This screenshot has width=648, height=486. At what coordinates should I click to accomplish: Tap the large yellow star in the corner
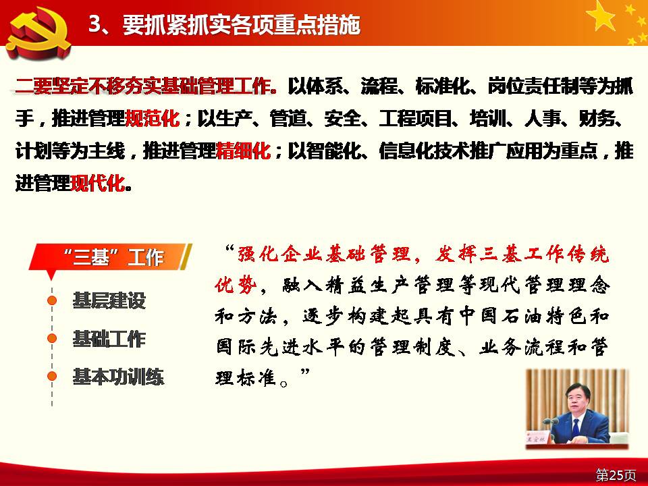click(x=601, y=16)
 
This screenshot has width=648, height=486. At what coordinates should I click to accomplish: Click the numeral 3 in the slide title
click(x=95, y=24)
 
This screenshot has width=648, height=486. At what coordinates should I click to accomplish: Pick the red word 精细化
click(x=244, y=151)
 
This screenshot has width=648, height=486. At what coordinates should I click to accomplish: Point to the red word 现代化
click(x=97, y=183)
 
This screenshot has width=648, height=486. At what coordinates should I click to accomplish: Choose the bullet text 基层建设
click(x=109, y=300)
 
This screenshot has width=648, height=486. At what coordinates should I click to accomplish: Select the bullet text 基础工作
click(x=109, y=339)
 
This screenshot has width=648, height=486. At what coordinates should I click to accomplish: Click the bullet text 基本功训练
click(x=118, y=377)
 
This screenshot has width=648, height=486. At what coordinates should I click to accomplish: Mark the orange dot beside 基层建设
click(x=52, y=300)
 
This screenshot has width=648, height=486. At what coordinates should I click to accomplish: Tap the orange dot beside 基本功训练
click(x=52, y=376)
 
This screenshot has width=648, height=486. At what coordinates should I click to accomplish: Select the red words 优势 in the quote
click(x=236, y=285)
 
